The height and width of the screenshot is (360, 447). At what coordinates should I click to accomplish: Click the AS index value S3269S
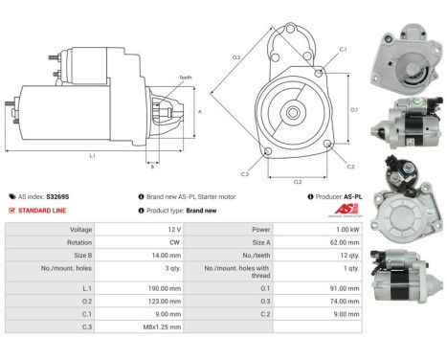pos(58,195)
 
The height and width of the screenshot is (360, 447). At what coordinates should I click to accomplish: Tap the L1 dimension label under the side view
pos(92,154)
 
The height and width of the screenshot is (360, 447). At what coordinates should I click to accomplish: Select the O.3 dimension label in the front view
pos(235,57)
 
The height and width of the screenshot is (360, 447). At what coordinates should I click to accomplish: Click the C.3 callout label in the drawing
pos(245,174)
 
